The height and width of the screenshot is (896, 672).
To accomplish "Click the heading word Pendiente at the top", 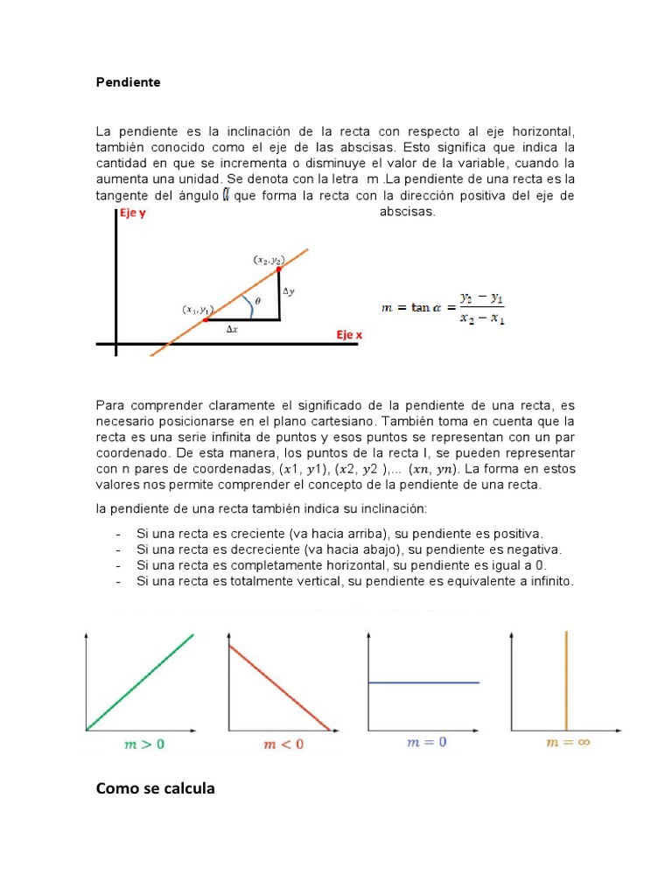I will [128, 82].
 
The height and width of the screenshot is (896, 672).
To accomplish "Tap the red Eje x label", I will [349, 334].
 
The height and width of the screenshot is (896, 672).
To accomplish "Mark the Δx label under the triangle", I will [233, 329].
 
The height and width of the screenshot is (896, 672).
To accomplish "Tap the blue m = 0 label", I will [427, 742].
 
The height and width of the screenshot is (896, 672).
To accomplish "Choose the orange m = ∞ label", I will [565, 742].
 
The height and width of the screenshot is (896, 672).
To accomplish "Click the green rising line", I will [140, 681].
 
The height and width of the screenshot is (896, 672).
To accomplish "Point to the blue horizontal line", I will [424, 682].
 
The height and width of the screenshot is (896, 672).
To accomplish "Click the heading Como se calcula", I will [155, 789].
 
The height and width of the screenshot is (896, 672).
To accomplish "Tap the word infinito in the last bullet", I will [547, 581].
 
